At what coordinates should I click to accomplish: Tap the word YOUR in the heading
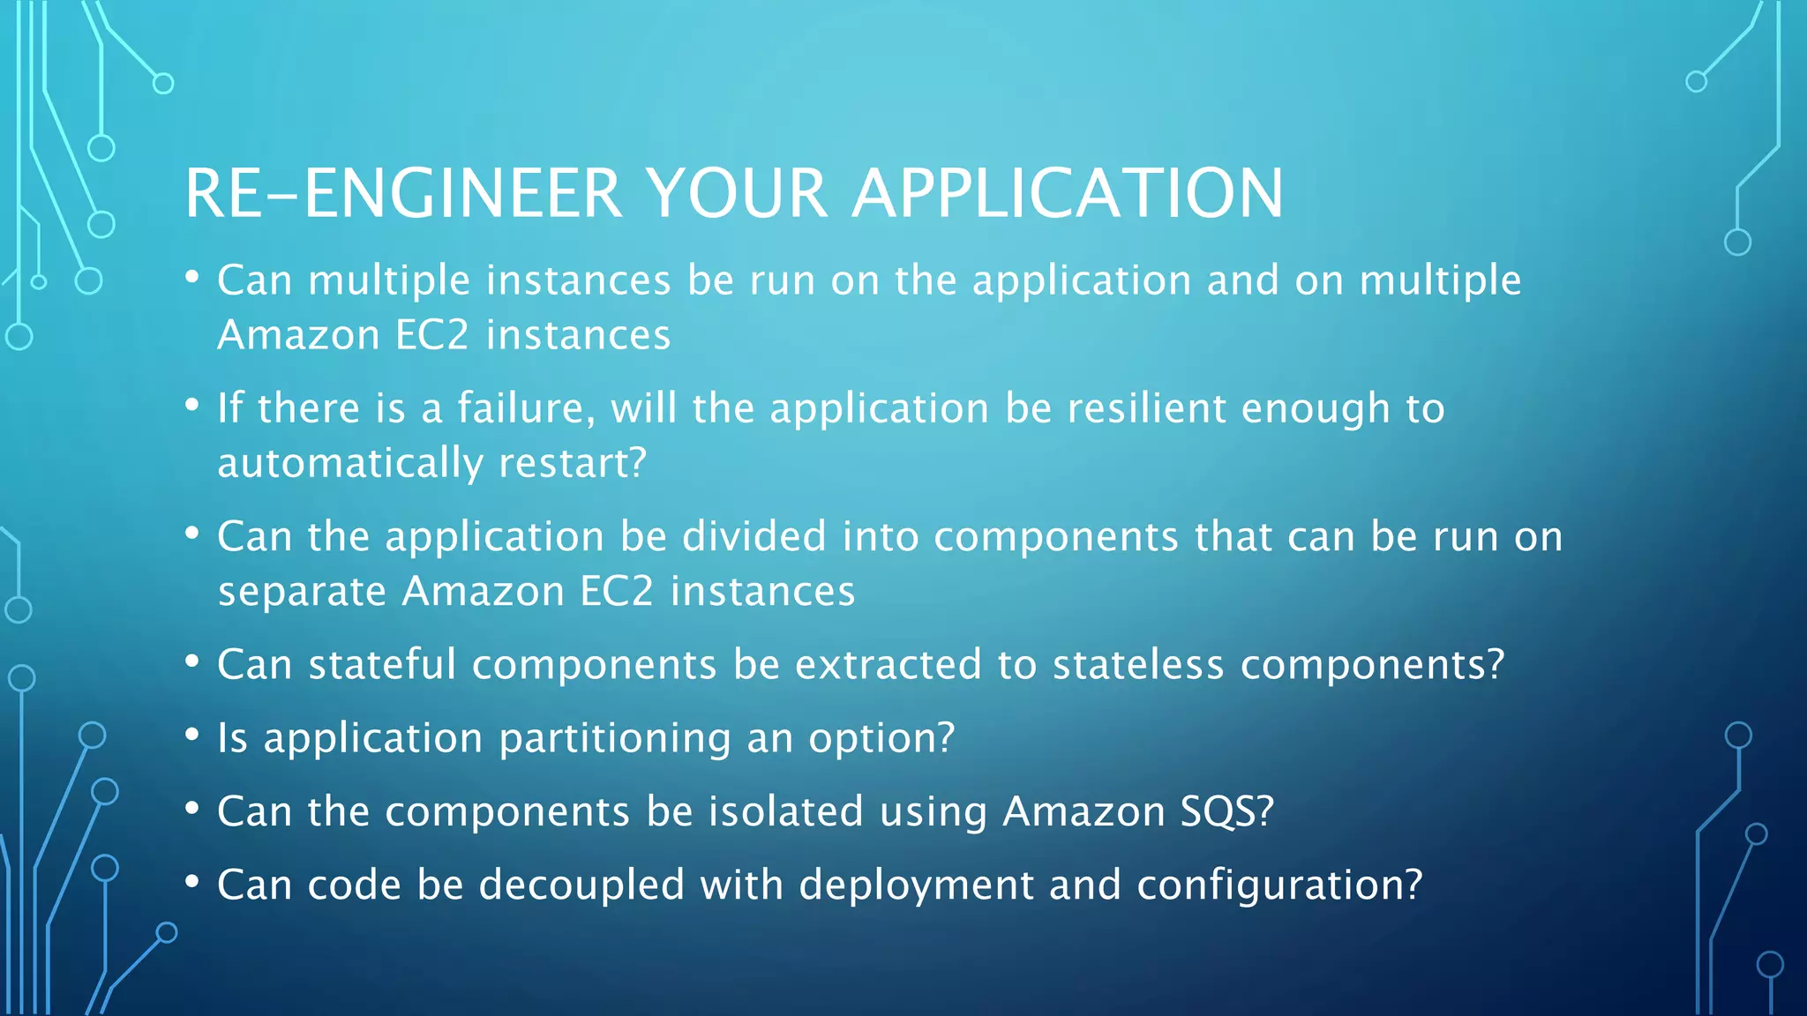[x=737, y=193]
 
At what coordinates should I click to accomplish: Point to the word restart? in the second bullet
[x=573, y=463]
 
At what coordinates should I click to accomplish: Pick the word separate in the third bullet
[x=302, y=592]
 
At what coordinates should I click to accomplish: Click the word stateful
[x=382, y=664]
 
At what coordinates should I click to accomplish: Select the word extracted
[x=888, y=664]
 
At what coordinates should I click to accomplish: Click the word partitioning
[x=615, y=738]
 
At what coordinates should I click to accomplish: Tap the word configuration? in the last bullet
[x=1279, y=885]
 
